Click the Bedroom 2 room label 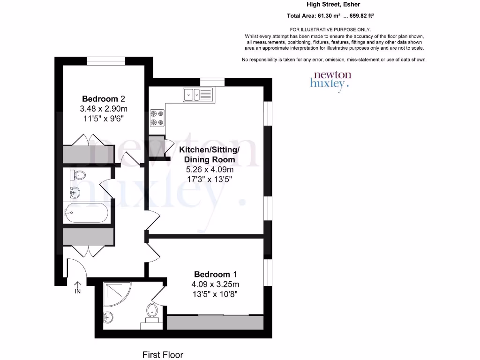click(x=104, y=99)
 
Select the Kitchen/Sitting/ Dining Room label click(x=210, y=155)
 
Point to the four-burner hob click(x=157, y=118)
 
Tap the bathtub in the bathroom click(x=86, y=213)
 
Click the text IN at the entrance click(x=78, y=292)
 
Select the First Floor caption click(x=163, y=355)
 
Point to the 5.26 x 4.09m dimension click(x=209, y=170)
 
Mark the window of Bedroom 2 click(x=106, y=60)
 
